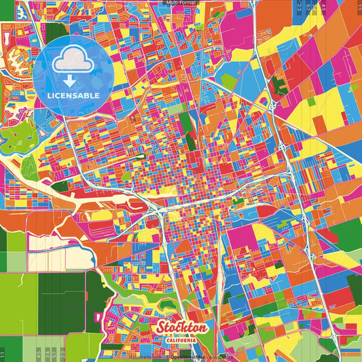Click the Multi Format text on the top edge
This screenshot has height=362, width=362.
(x=181, y=3)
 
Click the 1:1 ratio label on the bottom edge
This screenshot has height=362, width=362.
(x=3, y=355)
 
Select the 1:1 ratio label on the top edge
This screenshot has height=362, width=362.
(x=359, y=7)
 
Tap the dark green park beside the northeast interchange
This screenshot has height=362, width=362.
(x=279, y=85)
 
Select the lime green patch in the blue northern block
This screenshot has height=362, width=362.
(x=230, y=82)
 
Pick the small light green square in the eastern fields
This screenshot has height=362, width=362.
(x=311, y=102)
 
